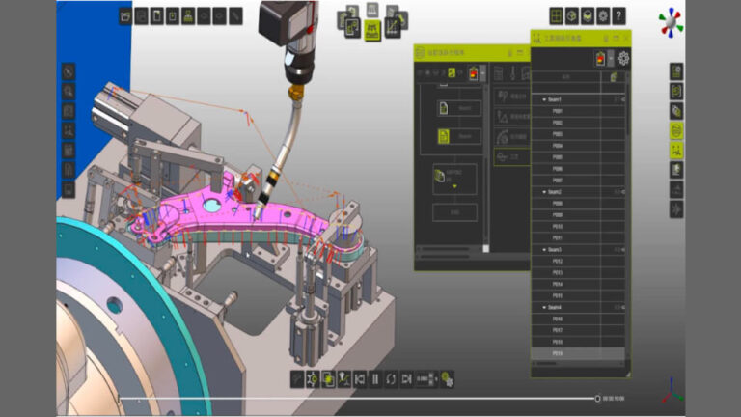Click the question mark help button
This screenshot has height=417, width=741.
click(x=618, y=15)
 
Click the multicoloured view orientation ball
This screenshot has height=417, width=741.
click(x=670, y=21)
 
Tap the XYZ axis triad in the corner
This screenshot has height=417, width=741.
click(x=672, y=391)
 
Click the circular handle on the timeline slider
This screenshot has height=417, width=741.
click(x=597, y=398)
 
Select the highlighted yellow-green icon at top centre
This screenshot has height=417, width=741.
click(x=371, y=32)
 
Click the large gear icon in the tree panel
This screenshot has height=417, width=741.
click(x=623, y=58)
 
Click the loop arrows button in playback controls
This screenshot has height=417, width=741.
click(x=391, y=378)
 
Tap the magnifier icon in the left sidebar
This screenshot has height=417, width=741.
click(x=69, y=91)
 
